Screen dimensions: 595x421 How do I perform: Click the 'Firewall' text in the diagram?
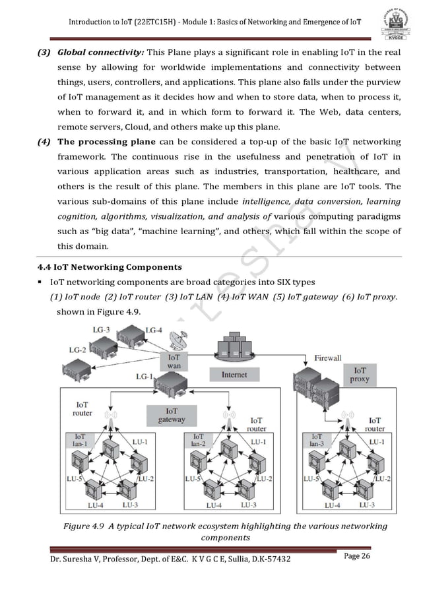coord(328,358)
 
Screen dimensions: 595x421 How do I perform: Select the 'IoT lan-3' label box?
coord(317,440)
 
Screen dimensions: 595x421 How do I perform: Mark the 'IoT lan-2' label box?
coord(198,440)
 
